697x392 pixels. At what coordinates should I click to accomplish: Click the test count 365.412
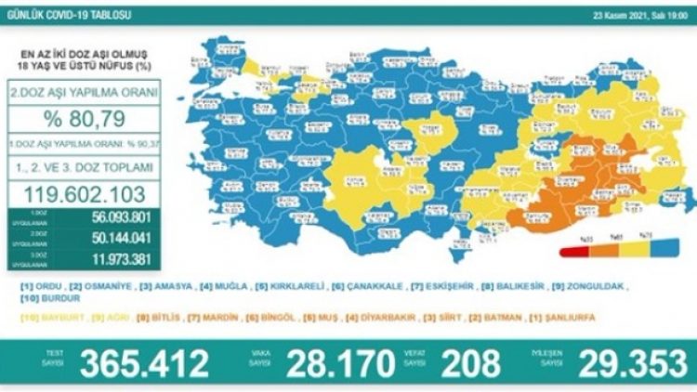[145, 363]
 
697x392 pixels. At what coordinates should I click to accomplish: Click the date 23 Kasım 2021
[613, 14]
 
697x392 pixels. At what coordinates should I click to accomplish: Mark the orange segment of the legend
[608, 252]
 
